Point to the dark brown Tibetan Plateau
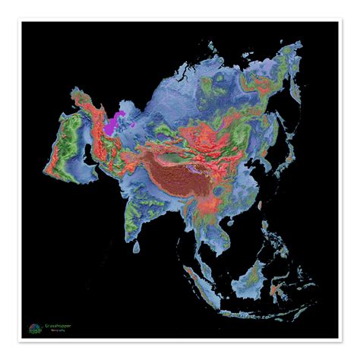[x=178, y=171]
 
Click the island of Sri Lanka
[x=137, y=247]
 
